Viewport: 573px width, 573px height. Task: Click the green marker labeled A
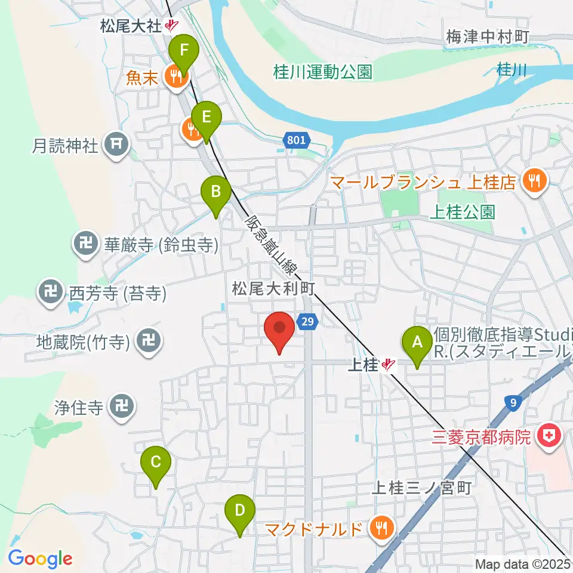click(x=417, y=343)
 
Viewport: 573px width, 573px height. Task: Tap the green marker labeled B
click(x=216, y=193)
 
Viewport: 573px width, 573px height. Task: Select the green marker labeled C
click(x=156, y=463)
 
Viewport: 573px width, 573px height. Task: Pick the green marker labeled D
click(x=239, y=512)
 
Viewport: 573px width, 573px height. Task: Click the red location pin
click(x=280, y=329)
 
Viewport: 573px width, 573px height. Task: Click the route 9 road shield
click(x=514, y=402)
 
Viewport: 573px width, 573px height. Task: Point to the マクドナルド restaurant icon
click(x=379, y=528)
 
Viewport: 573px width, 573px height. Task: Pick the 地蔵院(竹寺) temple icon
click(x=146, y=341)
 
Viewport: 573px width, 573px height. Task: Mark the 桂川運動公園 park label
click(x=323, y=72)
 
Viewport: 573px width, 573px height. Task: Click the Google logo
click(x=39, y=559)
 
